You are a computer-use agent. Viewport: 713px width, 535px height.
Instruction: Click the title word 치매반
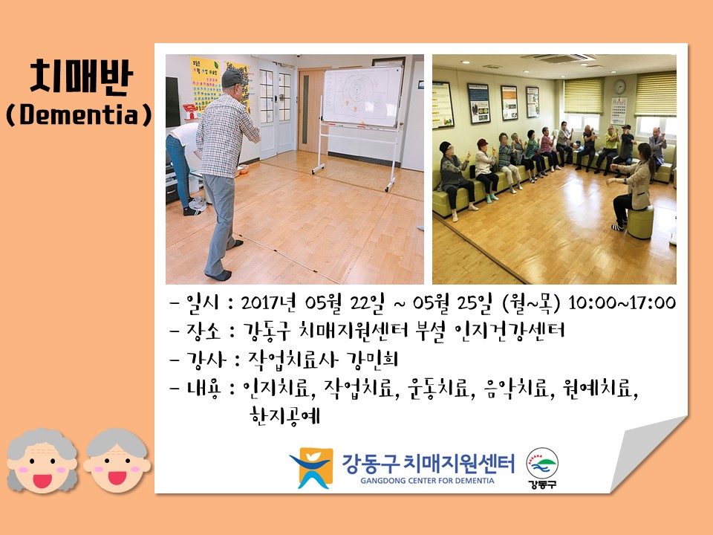click(82, 77)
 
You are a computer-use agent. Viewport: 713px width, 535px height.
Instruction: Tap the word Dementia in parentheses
click(78, 114)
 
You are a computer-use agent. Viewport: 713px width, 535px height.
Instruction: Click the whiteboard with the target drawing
click(362, 96)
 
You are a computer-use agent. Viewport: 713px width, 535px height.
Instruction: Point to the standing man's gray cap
click(232, 77)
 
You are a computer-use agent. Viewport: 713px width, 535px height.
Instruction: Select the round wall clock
click(619, 86)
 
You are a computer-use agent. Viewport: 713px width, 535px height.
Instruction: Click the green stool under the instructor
click(640, 222)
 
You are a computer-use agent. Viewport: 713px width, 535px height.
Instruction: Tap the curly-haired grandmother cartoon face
click(42, 461)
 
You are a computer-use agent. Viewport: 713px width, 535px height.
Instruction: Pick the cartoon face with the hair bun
click(117, 461)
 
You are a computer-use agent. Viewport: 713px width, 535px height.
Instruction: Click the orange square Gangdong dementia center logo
click(311, 468)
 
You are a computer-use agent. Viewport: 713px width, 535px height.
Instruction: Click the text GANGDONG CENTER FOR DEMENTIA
click(427, 481)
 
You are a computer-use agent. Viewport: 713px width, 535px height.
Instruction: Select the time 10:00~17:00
click(622, 302)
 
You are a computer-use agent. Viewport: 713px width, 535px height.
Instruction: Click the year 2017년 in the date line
click(268, 302)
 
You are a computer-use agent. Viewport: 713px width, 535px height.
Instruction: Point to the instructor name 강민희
click(372, 359)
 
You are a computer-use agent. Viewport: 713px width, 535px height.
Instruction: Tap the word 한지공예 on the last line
click(285, 415)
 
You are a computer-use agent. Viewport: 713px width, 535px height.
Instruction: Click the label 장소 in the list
click(204, 331)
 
